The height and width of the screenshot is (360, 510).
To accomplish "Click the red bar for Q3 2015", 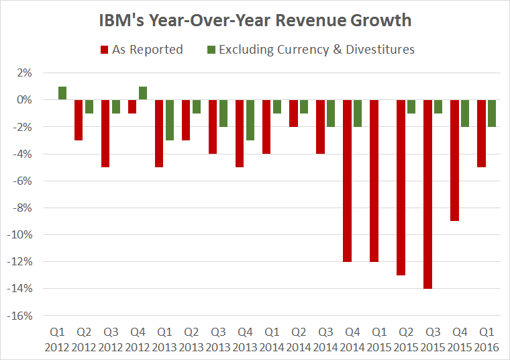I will coord(427,194).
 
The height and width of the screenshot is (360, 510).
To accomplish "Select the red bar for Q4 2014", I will coord(347,181).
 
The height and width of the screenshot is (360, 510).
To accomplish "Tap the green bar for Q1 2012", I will coord(62,93).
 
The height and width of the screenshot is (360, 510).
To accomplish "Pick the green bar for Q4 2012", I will coord(143,93).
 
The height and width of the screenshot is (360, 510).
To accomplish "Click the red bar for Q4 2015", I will coord(454,161).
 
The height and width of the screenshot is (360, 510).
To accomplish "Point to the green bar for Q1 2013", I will coord(170,120).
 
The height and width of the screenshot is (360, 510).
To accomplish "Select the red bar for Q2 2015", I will coord(401,187).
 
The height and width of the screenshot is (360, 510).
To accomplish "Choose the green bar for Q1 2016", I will coord(492,114).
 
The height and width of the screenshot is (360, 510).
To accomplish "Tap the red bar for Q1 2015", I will coord(374,181).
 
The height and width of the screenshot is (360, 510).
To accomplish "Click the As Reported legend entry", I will coord(142,49).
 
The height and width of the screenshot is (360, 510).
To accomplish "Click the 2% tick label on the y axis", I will coord(34,73).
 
